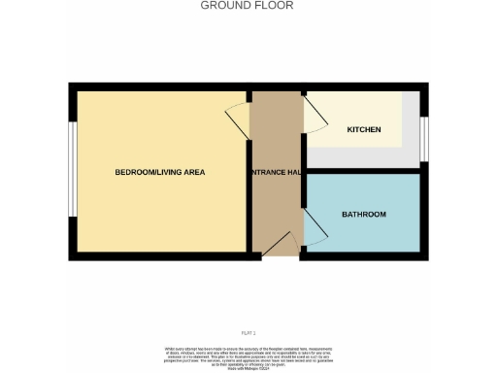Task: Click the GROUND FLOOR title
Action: (247, 5)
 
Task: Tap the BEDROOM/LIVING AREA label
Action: (160, 173)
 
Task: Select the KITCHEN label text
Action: (364, 130)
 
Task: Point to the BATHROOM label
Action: (364, 214)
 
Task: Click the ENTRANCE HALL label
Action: (276, 173)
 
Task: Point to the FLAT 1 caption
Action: (248, 333)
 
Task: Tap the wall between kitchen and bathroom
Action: (363, 167)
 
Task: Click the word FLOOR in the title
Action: (275, 5)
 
